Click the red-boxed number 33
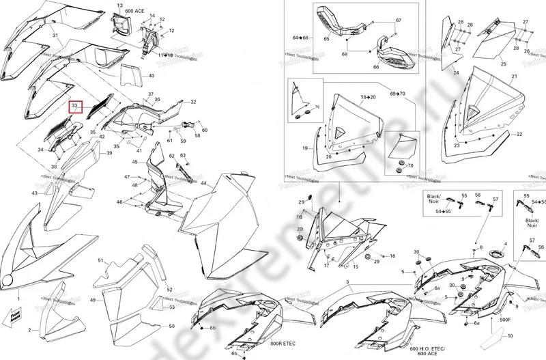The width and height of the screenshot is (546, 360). click(x=76, y=107)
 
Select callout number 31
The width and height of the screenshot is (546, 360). click(x=55, y=34)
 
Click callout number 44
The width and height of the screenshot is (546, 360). click(x=203, y=183)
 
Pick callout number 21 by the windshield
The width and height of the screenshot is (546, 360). click(x=514, y=77)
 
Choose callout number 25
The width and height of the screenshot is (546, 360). click(x=503, y=64)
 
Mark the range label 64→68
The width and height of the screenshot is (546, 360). click(x=301, y=37)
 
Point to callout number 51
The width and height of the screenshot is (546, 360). click(x=100, y=261)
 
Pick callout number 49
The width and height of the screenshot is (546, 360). click(x=92, y=301)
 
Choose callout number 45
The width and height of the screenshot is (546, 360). click(x=135, y=162)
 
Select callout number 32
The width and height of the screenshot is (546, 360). click(x=193, y=102)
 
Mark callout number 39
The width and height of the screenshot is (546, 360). click(x=109, y=153)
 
